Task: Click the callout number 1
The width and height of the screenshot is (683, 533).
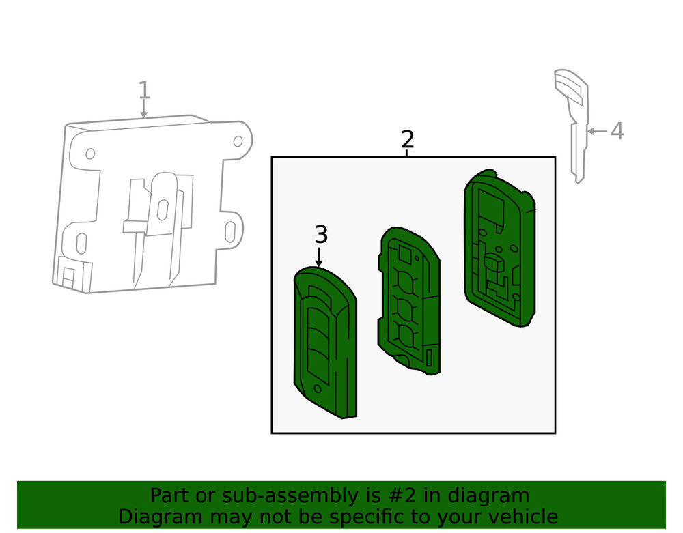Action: [x=143, y=90]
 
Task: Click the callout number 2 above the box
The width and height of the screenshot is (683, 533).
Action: [x=407, y=139]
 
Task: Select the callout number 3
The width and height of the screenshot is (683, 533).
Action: [x=321, y=235]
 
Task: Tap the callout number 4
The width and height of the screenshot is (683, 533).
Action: [x=617, y=131]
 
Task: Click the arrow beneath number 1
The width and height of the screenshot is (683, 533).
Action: [x=143, y=109]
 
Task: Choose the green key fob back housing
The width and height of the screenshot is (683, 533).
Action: [x=498, y=249]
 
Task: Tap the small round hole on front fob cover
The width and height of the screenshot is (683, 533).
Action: [x=318, y=388]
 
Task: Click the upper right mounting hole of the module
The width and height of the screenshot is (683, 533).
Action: [x=238, y=141]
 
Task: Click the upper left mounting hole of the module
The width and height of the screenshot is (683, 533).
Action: [x=90, y=154]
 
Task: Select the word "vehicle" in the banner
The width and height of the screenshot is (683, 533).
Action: [x=519, y=517]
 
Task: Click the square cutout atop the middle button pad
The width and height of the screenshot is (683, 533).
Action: [x=404, y=254]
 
